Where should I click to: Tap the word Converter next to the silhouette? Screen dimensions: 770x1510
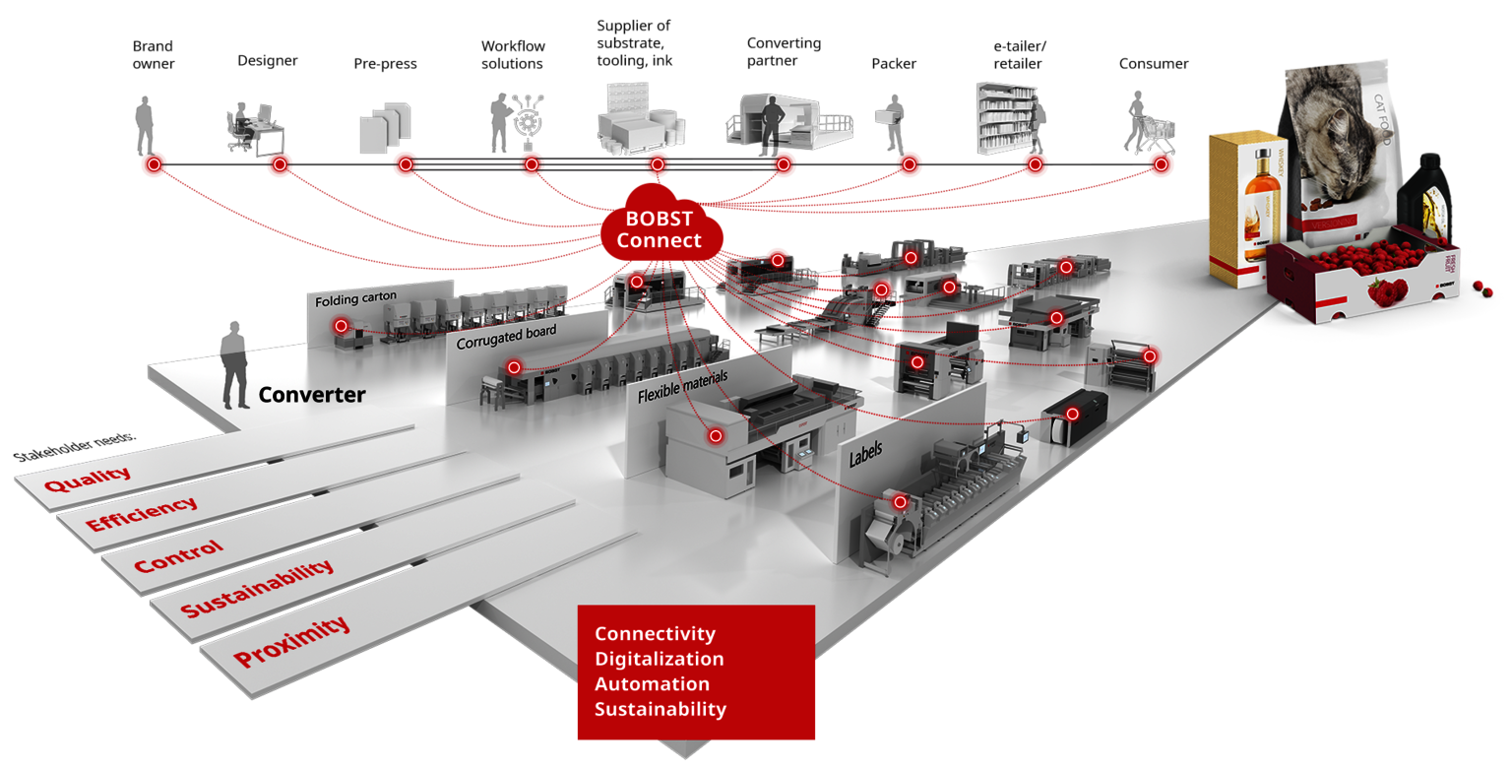tap(312, 395)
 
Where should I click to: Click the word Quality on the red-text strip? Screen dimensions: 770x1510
tap(88, 480)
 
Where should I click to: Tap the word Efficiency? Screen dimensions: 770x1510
tap(142, 512)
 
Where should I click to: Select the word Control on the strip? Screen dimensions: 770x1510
tap(178, 556)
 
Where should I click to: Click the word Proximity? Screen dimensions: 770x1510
tap(291, 641)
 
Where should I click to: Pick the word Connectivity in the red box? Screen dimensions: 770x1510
tap(655, 633)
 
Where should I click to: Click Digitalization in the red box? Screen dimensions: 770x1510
tap(659, 659)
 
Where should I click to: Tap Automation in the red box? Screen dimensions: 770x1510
tap(652, 683)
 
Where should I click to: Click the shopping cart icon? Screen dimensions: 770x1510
tap(1156, 135)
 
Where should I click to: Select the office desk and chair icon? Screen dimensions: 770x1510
tap(254, 132)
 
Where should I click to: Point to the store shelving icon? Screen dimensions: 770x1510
tap(1006, 118)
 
